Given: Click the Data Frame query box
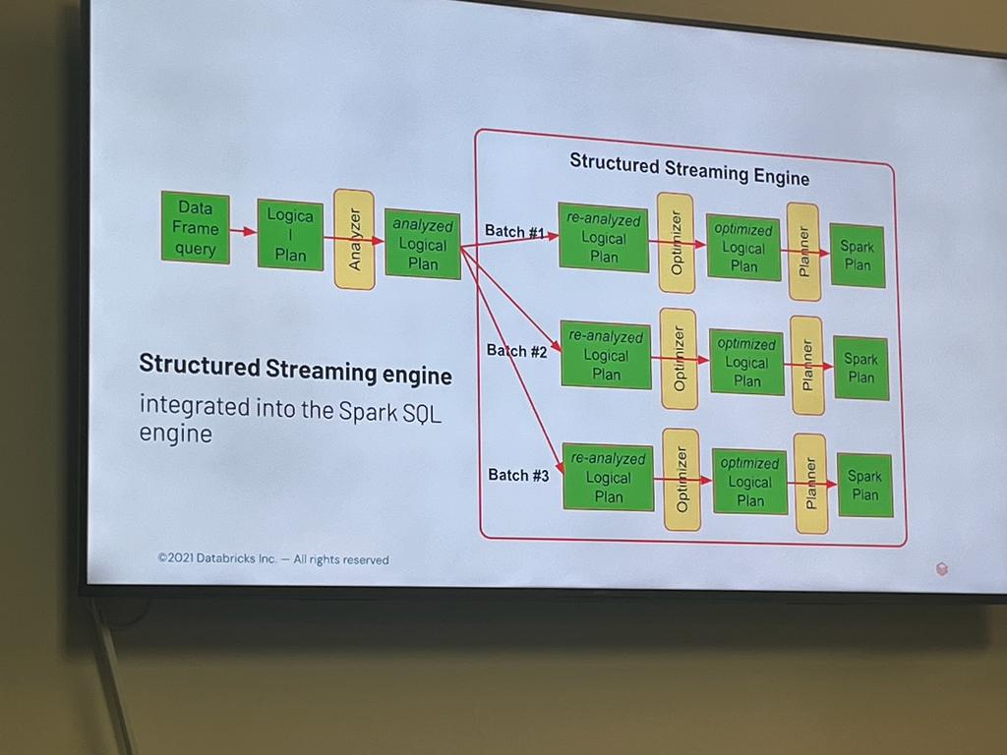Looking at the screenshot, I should tap(195, 228).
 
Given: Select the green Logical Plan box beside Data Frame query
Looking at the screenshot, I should tap(290, 235).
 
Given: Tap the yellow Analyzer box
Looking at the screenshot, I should tap(354, 240).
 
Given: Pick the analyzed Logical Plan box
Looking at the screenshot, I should tap(422, 245).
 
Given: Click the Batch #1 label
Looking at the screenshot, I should tap(514, 232).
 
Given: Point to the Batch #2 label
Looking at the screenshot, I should tap(516, 350).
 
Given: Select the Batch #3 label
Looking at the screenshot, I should tap(518, 475).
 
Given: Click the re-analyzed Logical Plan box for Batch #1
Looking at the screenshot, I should tap(603, 237).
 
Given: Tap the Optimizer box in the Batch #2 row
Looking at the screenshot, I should tap(679, 359).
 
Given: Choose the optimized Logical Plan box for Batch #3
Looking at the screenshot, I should tap(749, 482).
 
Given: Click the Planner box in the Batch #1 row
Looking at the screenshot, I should tap(803, 252).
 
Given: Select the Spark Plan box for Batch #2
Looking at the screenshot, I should tap(860, 368).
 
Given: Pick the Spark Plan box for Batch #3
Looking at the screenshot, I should tap(864, 486).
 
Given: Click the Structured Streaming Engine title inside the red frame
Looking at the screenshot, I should tap(688, 169).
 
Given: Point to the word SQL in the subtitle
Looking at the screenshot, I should tap(421, 414).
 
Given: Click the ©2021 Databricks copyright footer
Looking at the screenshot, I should tap(273, 558).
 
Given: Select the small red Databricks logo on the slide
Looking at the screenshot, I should tap(941, 568).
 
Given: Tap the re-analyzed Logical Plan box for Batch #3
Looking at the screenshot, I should tap(608, 478).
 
